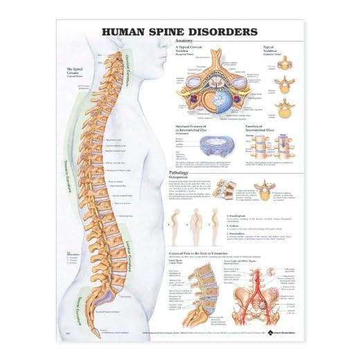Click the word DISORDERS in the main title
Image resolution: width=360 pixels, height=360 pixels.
[x=221, y=32]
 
